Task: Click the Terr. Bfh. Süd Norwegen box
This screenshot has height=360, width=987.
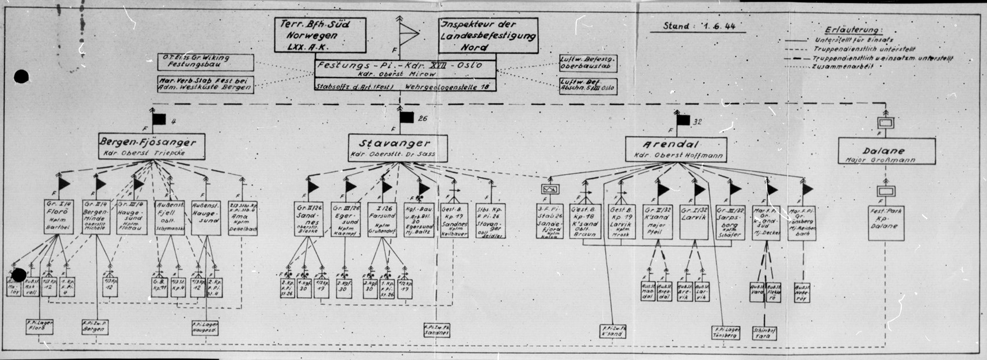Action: [x=320, y=36]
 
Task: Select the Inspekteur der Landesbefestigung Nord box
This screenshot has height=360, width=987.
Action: [x=488, y=36]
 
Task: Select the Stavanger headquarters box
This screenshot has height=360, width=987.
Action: [x=398, y=148]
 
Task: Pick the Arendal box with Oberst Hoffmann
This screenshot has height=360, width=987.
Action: [x=676, y=149]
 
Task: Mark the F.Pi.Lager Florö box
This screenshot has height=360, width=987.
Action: [x=40, y=327]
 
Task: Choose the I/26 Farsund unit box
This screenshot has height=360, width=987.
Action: [x=384, y=219]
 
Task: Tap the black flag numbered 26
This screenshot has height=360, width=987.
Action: [x=407, y=118]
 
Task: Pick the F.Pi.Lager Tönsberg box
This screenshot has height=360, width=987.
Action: [x=725, y=332]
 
